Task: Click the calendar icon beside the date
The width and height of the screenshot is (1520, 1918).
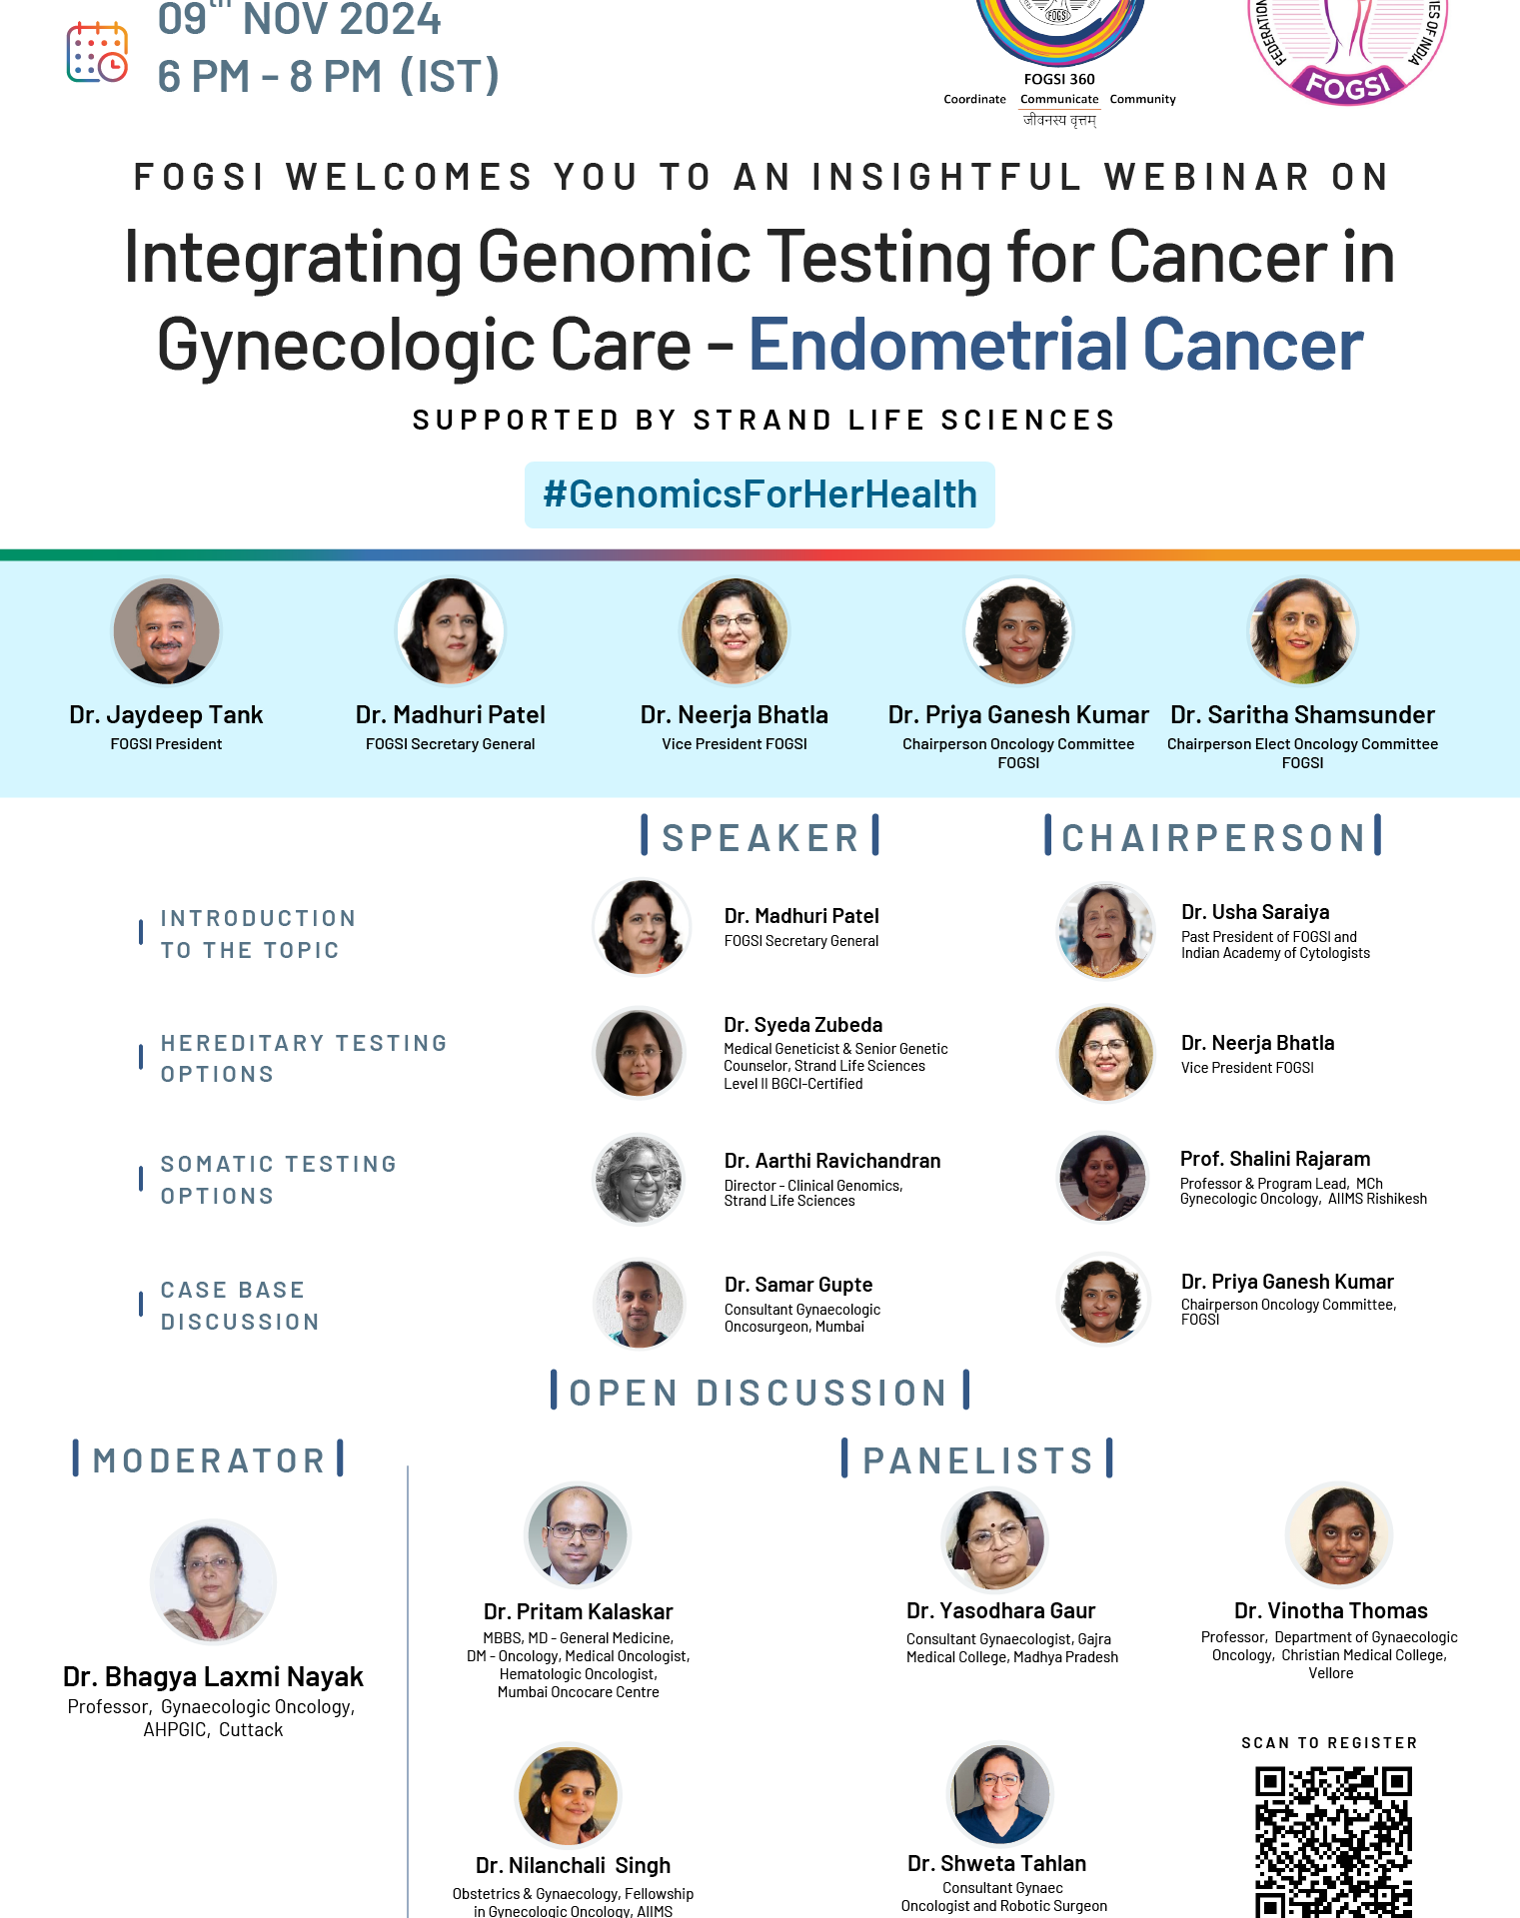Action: (x=97, y=53)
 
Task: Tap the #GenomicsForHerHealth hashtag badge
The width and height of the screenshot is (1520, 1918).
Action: (x=760, y=494)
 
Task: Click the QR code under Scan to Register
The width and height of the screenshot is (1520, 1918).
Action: (x=1333, y=1841)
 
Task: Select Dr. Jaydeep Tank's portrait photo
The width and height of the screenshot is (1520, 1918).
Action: (x=166, y=631)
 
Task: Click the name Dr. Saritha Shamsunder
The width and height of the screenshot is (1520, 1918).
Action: (x=1302, y=715)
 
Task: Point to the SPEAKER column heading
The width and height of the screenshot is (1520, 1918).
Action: (x=760, y=837)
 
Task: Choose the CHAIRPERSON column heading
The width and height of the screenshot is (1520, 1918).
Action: (x=1213, y=837)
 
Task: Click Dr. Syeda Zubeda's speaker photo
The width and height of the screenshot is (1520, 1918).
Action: (x=640, y=1053)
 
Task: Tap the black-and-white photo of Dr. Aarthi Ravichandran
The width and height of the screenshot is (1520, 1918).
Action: (x=640, y=1179)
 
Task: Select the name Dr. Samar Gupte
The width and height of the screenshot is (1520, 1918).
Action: (x=798, y=1285)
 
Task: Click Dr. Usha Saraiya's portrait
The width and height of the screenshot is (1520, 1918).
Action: (x=1105, y=931)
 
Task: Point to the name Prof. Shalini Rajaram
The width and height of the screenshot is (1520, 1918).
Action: (x=1275, y=1159)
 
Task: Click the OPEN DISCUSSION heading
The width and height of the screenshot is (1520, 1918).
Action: (x=760, y=1392)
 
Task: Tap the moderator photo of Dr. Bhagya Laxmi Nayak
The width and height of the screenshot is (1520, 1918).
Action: (x=213, y=1581)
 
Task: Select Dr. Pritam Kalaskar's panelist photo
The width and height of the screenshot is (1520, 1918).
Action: (x=578, y=1535)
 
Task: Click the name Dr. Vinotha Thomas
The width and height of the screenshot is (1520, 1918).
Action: (x=1331, y=1610)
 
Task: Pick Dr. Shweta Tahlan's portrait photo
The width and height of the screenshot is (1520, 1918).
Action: (x=999, y=1795)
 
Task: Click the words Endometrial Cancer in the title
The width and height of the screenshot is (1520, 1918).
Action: (x=1056, y=345)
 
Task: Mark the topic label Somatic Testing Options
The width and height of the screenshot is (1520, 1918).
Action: (x=279, y=1180)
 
